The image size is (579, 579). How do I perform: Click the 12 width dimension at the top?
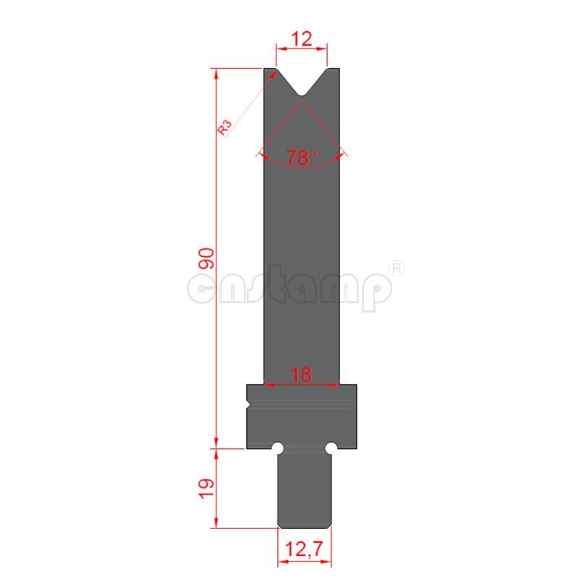tap(302, 40)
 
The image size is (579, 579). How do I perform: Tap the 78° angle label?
tap(301, 158)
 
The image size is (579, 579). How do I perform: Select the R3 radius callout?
tap(225, 127)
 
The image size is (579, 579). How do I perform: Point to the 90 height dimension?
tap(206, 258)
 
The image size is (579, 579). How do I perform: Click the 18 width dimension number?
tap(302, 374)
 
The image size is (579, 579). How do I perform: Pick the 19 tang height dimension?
tap(206, 488)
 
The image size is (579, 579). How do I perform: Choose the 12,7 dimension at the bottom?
tap(305, 551)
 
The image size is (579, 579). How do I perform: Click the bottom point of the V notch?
tap(302, 96)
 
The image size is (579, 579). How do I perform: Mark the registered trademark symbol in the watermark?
tap(397, 269)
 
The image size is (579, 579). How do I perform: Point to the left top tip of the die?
tap(269, 69)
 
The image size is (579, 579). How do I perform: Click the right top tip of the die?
tap(334, 69)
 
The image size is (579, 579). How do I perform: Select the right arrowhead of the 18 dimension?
tap(337, 384)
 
